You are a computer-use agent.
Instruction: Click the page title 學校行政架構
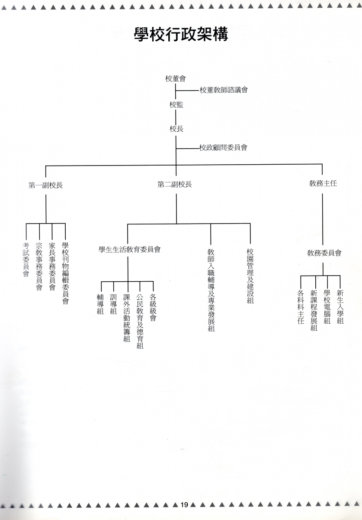click(x=181, y=35)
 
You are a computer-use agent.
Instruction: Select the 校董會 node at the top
click(x=176, y=79)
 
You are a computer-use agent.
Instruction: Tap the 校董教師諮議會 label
click(x=224, y=90)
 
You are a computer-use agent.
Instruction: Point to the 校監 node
click(x=176, y=105)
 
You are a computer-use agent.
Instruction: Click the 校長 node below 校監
click(x=176, y=129)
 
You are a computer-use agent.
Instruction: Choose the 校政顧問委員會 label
click(x=224, y=147)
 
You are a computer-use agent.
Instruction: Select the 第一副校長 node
click(x=46, y=185)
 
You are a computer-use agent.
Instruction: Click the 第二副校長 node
click(x=174, y=185)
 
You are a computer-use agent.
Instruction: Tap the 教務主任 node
click(x=323, y=183)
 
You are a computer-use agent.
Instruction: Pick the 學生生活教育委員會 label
click(x=130, y=250)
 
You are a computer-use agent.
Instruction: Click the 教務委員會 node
click(x=324, y=253)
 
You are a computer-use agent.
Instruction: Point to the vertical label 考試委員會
click(x=26, y=260)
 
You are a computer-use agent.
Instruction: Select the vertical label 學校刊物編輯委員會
click(x=65, y=273)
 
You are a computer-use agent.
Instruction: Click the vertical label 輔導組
click(x=100, y=304)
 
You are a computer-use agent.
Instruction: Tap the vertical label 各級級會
click(x=153, y=308)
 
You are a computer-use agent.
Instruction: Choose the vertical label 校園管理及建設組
click(x=250, y=276)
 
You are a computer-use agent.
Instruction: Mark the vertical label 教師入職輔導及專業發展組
click(x=211, y=290)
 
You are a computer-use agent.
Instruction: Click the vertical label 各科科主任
click(x=301, y=307)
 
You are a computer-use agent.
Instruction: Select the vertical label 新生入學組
click(x=340, y=307)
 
